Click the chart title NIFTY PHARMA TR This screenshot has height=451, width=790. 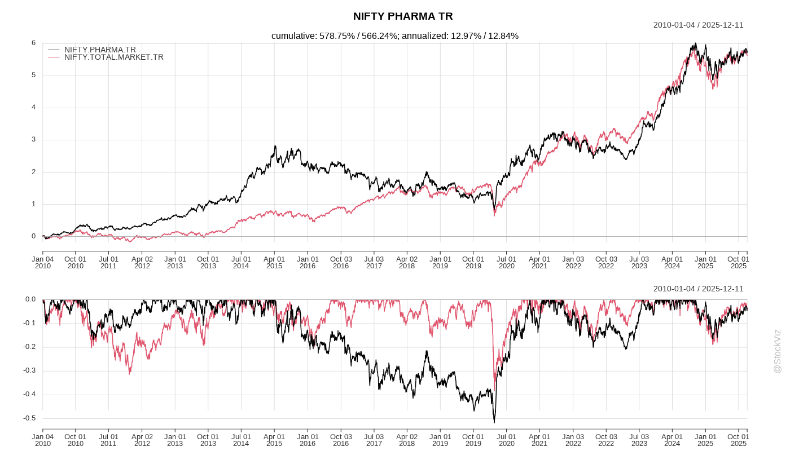tap(403, 16)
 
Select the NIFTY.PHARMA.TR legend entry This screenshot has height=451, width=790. tap(100, 50)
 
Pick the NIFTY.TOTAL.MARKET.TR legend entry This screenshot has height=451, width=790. tap(113, 57)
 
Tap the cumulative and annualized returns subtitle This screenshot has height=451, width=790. tap(394, 36)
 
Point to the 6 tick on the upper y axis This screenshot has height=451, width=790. tap(33, 43)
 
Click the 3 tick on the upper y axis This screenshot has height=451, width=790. tap(33, 139)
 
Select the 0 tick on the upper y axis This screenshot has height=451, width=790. tap(33, 236)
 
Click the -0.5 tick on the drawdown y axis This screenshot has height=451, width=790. tap(29, 418)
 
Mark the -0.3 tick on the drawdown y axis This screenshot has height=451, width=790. tap(29, 370)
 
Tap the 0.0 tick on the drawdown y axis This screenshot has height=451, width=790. tap(30, 299)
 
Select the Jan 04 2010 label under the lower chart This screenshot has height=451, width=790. tap(43, 440)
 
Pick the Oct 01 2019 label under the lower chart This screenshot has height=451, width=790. tap(473, 440)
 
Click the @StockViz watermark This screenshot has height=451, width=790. tap(777, 351)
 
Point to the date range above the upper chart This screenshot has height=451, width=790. tap(698, 25)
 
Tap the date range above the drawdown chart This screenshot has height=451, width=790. tap(698, 289)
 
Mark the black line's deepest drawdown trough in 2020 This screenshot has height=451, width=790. tap(494, 422)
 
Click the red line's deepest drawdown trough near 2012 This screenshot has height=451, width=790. tap(130, 374)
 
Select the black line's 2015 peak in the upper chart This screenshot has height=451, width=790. tap(275, 146)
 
